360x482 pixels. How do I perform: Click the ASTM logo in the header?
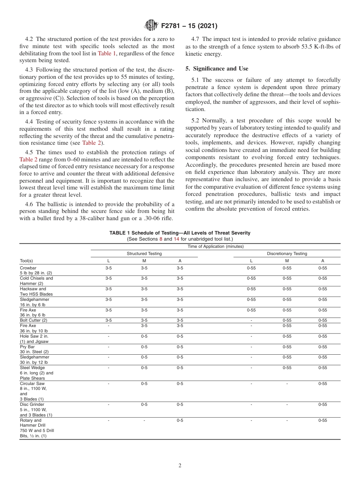[152, 26]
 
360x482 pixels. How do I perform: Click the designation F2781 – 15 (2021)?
[189, 26]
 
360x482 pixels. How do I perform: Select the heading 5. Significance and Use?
[217, 69]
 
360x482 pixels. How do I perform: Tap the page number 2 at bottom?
[180, 466]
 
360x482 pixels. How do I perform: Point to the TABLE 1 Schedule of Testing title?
[180, 233]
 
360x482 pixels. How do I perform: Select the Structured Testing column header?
[144, 254]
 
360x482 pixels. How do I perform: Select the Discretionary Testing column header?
[287, 254]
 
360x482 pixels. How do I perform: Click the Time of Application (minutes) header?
[216, 246]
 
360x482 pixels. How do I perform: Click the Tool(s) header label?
[26, 261]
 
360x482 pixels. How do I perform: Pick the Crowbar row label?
[28, 268]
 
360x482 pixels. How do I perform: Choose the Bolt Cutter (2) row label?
[33, 320]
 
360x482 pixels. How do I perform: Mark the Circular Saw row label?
[32, 383]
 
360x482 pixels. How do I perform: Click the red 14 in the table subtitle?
[176, 239]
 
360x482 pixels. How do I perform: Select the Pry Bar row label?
[27, 347]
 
